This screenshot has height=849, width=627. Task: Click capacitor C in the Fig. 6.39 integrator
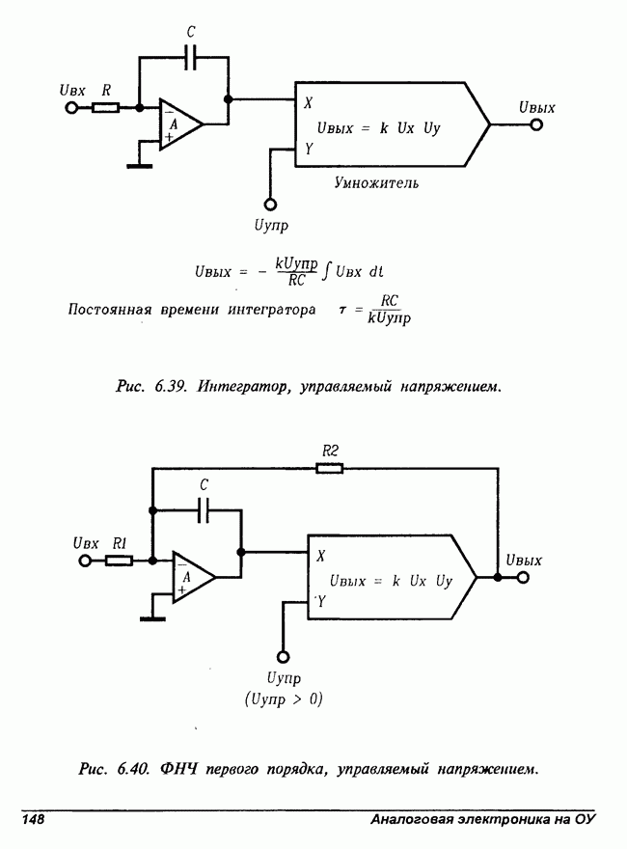pos(191,57)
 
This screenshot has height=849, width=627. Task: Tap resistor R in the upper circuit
pos(106,108)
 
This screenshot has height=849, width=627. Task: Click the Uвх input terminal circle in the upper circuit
pos(69,108)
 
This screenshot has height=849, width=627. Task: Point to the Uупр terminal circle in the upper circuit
pos(270,204)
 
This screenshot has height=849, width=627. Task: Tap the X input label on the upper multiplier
pos(308,102)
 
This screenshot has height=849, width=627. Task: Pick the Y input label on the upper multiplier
pos(308,149)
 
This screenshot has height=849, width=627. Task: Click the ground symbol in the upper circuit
pos(140,165)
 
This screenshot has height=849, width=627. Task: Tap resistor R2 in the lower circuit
pos(329,469)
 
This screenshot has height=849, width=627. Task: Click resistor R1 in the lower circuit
pos(119,560)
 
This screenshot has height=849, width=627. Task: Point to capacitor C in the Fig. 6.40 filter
pos(204,510)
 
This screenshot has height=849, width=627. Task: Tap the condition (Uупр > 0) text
pos(284,698)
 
